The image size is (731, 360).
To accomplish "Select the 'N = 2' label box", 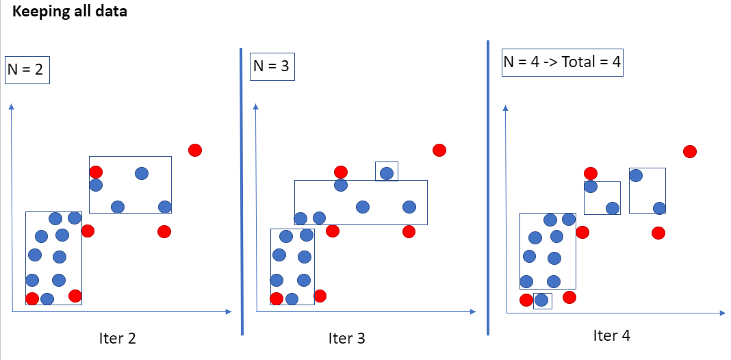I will click(x=27, y=70).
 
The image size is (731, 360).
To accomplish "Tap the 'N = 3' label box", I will click(x=272, y=66).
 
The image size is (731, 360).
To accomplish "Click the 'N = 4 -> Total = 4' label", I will click(x=562, y=62).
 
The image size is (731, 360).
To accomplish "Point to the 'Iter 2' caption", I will click(x=117, y=338).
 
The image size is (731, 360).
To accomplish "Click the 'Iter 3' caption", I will click(x=346, y=338).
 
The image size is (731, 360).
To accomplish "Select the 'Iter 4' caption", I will click(x=611, y=335).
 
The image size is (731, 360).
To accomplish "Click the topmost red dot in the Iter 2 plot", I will click(x=195, y=150).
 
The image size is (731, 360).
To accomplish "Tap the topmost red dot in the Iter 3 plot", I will click(x=439, y=150).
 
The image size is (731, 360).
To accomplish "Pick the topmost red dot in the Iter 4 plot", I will click(x=690, y=151).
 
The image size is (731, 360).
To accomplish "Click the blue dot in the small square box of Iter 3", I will click(x=387, y=172).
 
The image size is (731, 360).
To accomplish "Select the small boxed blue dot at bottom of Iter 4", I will click(x=541, y=300).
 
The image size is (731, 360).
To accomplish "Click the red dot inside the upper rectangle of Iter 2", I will click(x=96, y=172).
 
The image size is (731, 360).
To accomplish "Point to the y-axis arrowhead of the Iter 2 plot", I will click(x=12, y=106).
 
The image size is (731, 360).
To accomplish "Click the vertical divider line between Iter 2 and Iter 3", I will click(x=242, y=192).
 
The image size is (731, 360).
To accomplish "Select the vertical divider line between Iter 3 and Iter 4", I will click(x=488, y=188).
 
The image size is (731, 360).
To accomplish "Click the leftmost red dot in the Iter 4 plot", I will click(x=526, y=300).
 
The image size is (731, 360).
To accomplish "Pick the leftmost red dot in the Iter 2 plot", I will click(x=32, y=298).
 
